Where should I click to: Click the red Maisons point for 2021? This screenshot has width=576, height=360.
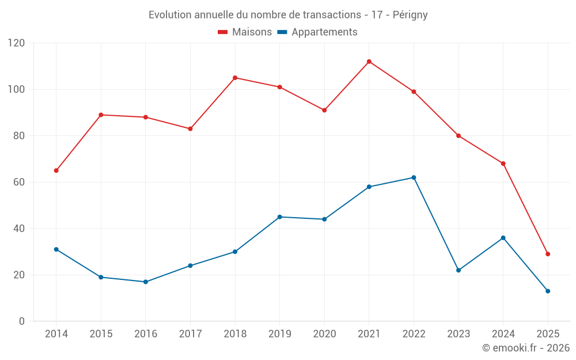(x=369, y=62)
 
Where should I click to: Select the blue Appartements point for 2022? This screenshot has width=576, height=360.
(x=414, y=177)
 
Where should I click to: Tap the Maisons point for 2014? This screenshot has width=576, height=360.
(x=56, y=170)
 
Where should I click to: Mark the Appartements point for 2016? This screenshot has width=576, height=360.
(x=146, y=282)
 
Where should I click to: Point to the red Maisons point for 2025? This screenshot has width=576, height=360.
(x=548, y=254)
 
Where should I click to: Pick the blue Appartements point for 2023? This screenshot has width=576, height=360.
(x=458, y=270)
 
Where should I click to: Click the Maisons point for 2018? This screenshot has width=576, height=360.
(x=235, y=78)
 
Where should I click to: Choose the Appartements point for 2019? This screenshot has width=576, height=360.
(x=280, y=217)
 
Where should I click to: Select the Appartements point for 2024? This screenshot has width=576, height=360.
(x=503, y=238)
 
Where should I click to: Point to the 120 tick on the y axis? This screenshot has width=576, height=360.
(x=17, y=43)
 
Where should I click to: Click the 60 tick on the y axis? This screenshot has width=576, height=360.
(x=19, y=182)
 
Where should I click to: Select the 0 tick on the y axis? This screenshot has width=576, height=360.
(x=22, y=321)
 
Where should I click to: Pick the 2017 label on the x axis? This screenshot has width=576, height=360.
(x=190, y=334)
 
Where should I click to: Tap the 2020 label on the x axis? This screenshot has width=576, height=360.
(x=324, y=334)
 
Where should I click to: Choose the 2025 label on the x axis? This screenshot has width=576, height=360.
(x=548, y=334)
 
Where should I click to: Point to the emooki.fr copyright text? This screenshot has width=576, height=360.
(x=526, y=348)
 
